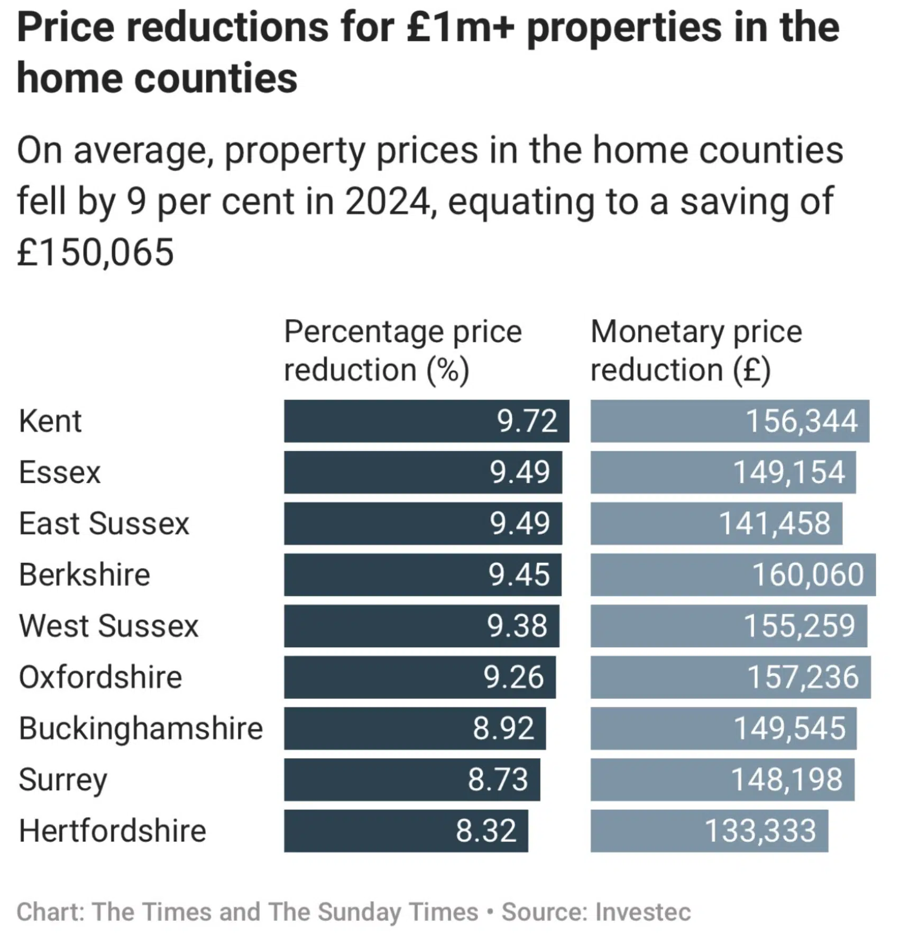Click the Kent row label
(x=50, y=421)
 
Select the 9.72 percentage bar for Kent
(x=426, y=421)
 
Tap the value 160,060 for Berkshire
(x=807, y=574)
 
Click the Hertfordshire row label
(x=112, y=830)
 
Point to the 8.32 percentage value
(x=486, y=830)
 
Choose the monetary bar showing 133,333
(x=709, y=830)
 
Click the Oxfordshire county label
(x=100, y=677)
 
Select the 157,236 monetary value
(x=803, y=677)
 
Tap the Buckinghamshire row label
(x=141, y=728)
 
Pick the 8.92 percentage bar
(x=414, y=728)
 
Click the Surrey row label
(x=63, y=780)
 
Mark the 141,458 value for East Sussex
(x=775, y=524)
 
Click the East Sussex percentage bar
(x=423, y=524)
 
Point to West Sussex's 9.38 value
(x=517, y=626)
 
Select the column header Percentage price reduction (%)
(x=403, y=350)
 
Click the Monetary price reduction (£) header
(x=696, y=350)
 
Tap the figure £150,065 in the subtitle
(x=95, y=252)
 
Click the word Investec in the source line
(x=642, y=911)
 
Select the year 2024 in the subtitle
(x=388, y=202)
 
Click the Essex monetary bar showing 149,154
(x=722, y=472)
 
